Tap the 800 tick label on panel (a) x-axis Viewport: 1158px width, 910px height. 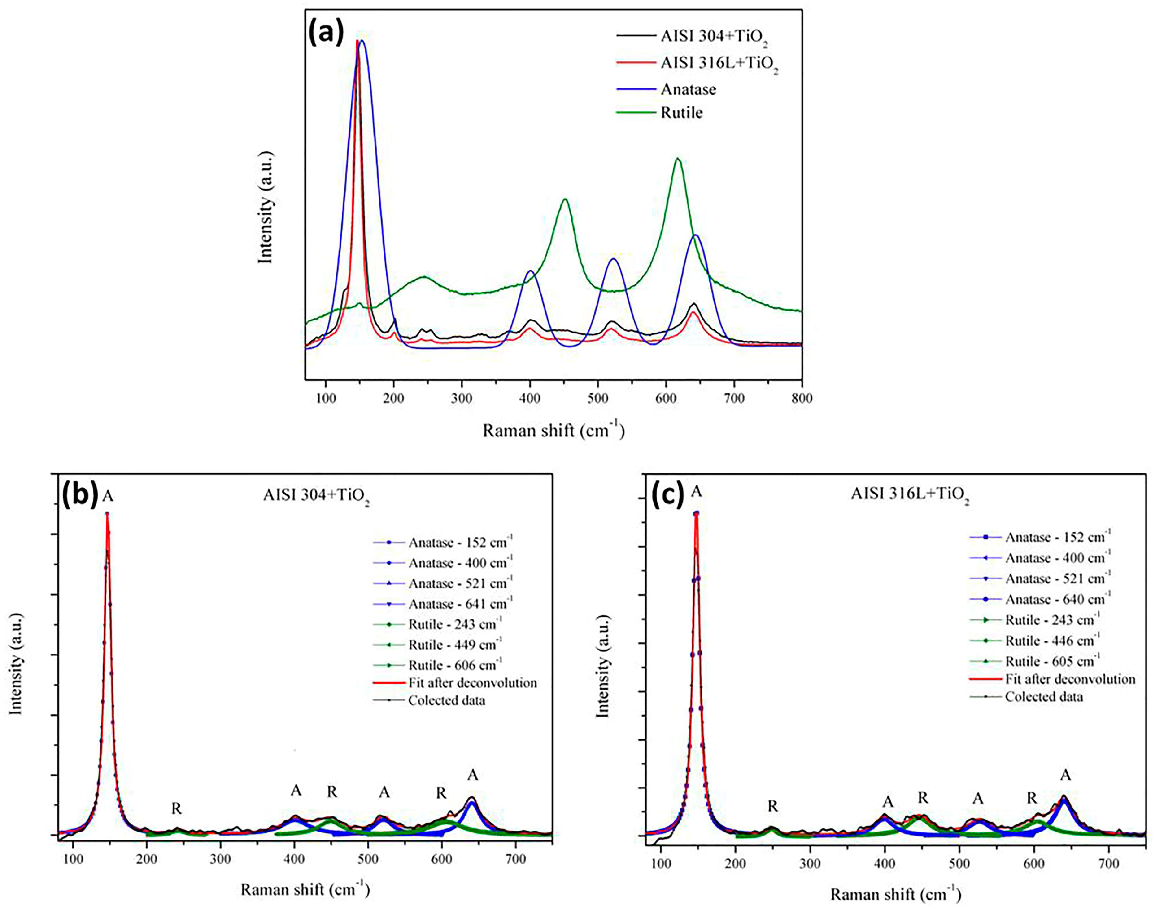click(802, 398)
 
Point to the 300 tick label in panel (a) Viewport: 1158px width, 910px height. click(461, 398)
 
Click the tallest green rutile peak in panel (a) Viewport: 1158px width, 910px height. click(678, 159)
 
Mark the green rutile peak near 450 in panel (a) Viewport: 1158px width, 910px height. click(565, 200)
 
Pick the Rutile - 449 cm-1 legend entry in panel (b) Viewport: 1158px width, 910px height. click(454, 645)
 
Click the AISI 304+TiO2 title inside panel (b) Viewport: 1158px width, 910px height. click(317, 496)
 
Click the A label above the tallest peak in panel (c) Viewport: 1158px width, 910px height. click(696, 492)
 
